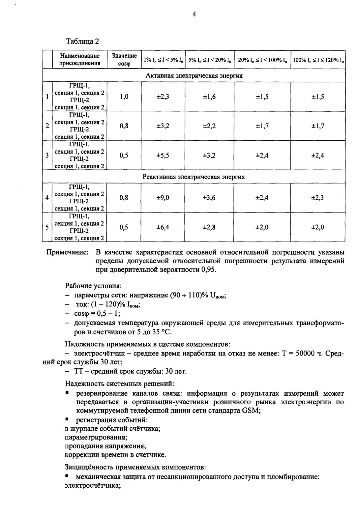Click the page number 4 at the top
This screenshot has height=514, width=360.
tap(194, 14)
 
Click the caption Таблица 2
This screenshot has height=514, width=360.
tap(82, 42)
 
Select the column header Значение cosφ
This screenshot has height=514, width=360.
tap(124, 60)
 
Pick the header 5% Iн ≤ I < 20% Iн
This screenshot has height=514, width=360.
tap(209, 60)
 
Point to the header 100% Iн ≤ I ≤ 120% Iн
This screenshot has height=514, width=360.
tap(318, 60)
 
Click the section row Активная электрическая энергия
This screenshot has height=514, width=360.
tap(194, 76)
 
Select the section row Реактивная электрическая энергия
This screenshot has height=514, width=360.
tap(194, 177)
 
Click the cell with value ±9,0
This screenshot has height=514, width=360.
tap(163, 198)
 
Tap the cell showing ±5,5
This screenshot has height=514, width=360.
tap(163, 156)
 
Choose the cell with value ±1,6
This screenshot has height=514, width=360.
tap(209, 97)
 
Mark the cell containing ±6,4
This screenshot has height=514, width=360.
tap(163, 227)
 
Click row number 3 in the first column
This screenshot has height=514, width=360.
tap(47, 156)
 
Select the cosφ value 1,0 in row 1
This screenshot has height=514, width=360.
tap(124, 97)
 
